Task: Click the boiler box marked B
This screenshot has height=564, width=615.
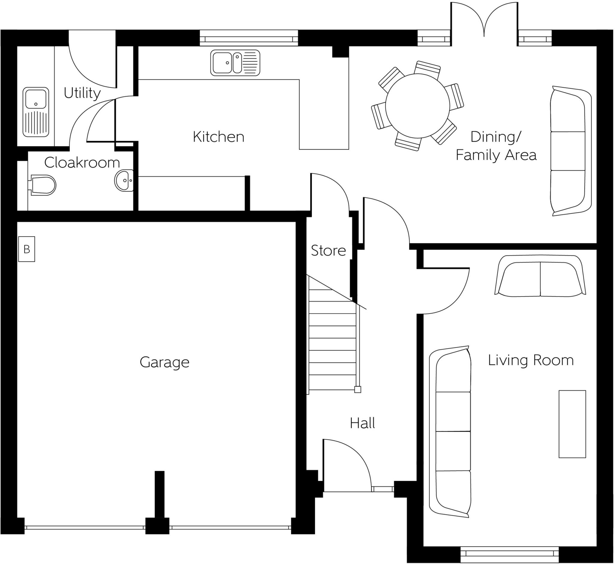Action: pyautogui.click(x=26, y=249)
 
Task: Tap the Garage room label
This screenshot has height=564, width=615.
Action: pyautogui.click(x=165, y=363)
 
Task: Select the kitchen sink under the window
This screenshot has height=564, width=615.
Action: pyautogui.click(x=235, y=63)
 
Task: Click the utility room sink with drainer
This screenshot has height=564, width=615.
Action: pyautogui.click(x=36, y=112)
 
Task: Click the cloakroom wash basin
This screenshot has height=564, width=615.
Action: pyautogui.click(x=124, y=180)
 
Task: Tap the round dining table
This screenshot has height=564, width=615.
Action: pyautogui.click(x=417, y=106)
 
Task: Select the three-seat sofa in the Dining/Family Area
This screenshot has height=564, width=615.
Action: pyautogui.click(x=571, y=151)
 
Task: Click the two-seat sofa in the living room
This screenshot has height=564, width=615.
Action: pyautogui.click(x=540, y=276)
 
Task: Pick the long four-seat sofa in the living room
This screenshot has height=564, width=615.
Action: pyautogui.click(x=450, y=432)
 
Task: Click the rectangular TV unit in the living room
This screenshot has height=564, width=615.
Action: pyautogui.click(x=572, y=424)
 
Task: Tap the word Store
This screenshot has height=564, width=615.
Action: pyautogui.click(x=328, y=251)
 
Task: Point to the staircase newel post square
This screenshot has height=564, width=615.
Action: pyautogui.click(x=358, y=390)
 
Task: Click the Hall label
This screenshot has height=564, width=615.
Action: pyautogui.click(x=362, y=423)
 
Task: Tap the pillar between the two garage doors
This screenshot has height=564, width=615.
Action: pyautogui.click(x=157, y=526)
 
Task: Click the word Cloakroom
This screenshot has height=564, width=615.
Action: pyautogui.click(x=82, y=163)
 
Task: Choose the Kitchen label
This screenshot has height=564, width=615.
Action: pyautogui.click(x=218, y=137)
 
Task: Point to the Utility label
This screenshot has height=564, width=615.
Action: pyautogui.click(x=82, y=93)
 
